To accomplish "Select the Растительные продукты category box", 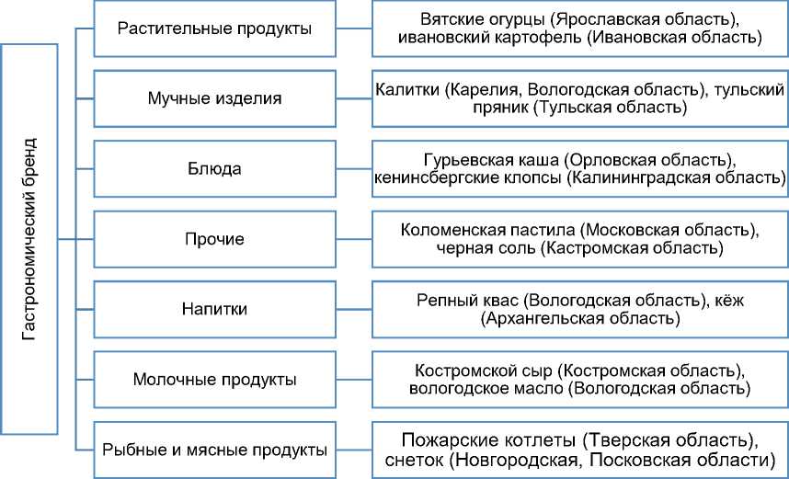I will (215, 29).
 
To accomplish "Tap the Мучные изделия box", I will (215, 97).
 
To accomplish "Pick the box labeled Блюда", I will (215, 169).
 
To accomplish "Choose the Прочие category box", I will (215, 240).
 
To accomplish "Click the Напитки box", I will (215, 309).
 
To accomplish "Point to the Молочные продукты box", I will (215, 379).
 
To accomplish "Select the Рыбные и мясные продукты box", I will (215, 450).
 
